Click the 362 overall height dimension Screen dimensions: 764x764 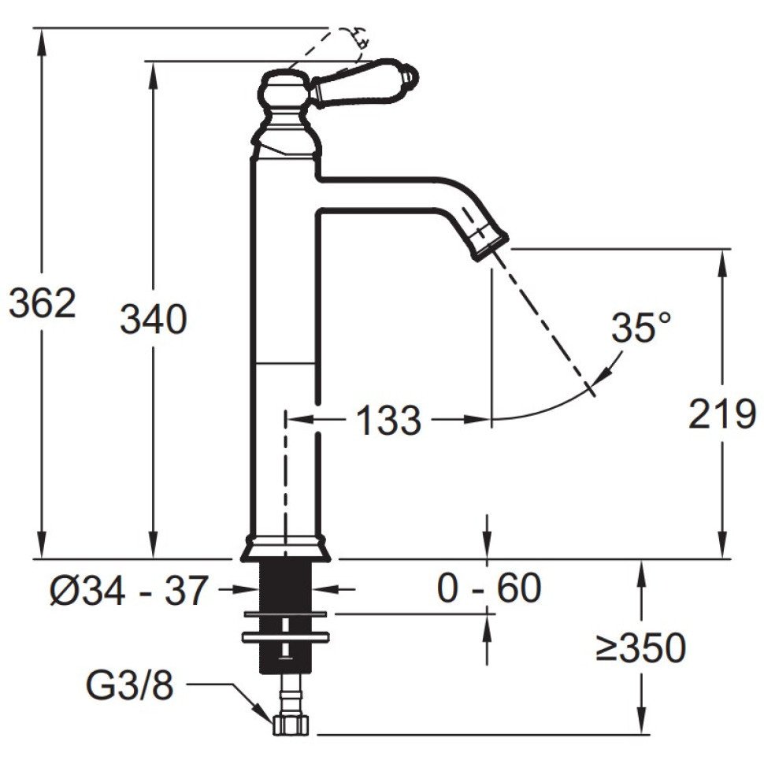[43, 303]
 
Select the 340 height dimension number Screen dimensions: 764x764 [154, 319]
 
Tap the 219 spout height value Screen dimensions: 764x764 [722, 414]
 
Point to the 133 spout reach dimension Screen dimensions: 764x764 [389, 420]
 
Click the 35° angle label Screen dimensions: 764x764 [641, 328]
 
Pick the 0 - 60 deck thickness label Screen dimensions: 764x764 [488, 588]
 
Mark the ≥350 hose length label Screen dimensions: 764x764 [640, 647]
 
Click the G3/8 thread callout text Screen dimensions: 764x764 [130, 686]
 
